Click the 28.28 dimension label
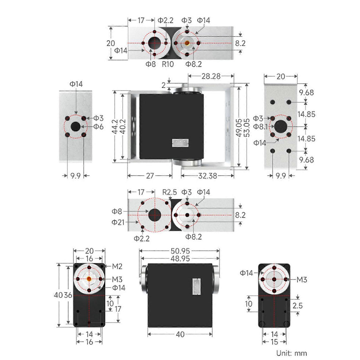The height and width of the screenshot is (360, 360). [x=211, y=76]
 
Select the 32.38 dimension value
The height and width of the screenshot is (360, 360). [x=207, y=176]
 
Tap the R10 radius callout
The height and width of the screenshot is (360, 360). [x=168, y=64]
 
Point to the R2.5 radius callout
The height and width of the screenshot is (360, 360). [x=169, y=192]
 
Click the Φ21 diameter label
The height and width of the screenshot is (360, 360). [x=118, y=222]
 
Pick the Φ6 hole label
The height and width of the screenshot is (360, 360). [x=98, y=127]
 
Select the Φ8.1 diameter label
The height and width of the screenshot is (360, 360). [x=261, y=127]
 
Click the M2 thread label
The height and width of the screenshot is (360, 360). [x=117, y=266]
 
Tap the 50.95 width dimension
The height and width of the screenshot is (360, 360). [x=180, y=251]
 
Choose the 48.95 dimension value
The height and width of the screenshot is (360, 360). [x=180, y=259]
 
